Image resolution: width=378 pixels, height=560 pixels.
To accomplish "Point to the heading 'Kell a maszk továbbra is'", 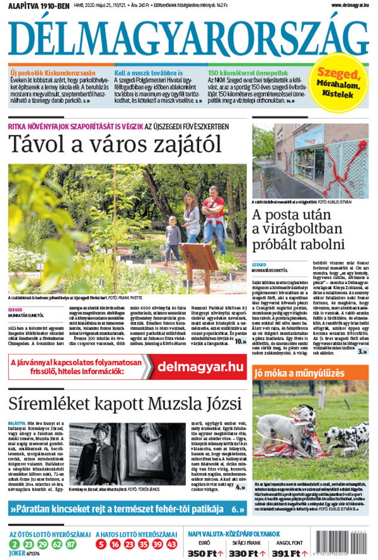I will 149,72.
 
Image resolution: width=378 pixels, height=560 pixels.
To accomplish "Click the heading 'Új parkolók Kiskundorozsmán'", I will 52,72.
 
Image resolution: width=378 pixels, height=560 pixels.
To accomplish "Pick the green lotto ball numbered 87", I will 71,544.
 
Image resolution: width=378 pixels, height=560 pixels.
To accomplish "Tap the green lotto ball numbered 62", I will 57,544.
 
